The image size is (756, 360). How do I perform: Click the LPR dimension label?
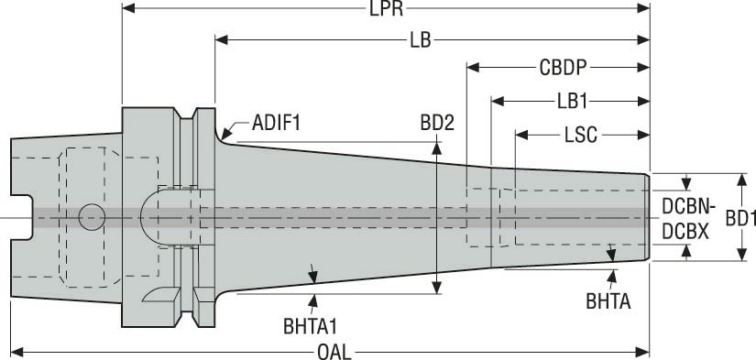[x=386, y=8]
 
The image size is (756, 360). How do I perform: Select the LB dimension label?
[x=421, y=40]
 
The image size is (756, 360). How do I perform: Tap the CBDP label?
[x=564, y=68]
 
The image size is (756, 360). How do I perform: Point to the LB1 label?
[x=573, y=102]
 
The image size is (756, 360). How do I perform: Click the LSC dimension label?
[x=580, y=136]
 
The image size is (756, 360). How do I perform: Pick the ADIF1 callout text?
[x=276, y=124]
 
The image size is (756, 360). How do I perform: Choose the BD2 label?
[x=437, y=124]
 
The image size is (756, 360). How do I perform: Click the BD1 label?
[x=740, y=218]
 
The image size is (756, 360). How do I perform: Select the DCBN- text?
[x=686, y=207]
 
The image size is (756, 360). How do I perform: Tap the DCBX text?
[x=685, y=233]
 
